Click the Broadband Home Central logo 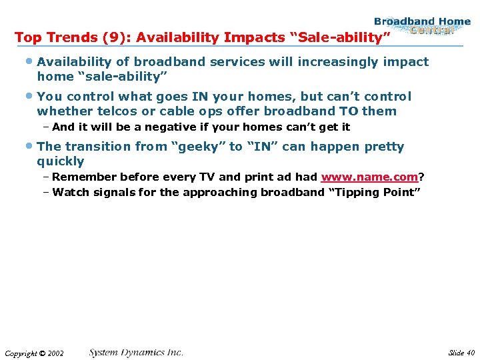point(421,26)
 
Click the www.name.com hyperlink point(369,177)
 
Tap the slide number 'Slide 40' point(461,352)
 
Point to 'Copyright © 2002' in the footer point(33,353)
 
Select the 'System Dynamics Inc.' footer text point(136,352)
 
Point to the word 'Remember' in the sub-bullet point(82,177)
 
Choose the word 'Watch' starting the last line point(70,193)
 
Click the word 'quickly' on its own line point(61,161)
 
